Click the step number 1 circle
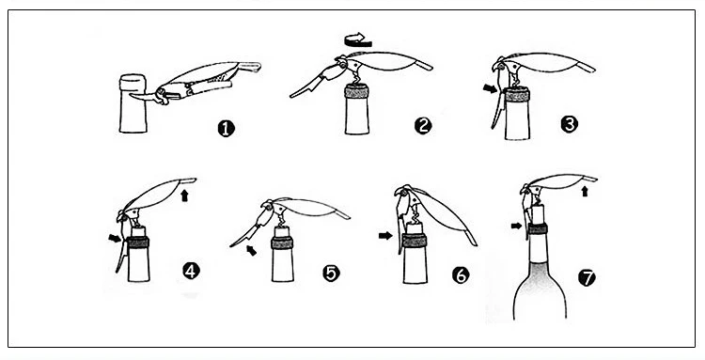coord(227,129)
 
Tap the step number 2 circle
coord(423,126)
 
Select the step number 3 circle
coord(570,123)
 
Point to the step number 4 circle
coord(191,271)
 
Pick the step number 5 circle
coord(332,273)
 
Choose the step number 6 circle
coord(461,274)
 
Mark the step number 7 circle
coord(587,277)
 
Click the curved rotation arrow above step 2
coord(358,41)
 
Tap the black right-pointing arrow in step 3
coord(491,88)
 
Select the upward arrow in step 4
coord(184,196)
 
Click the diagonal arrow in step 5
coord(251,250)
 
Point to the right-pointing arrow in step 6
coord(385,235)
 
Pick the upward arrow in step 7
coord(585,192)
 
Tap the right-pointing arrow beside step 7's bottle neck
coord(517,226)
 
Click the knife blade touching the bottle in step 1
coord(142,96)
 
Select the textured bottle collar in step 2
coord(356,91)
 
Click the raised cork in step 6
coord(415,227)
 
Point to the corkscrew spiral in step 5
coord(282,220)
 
